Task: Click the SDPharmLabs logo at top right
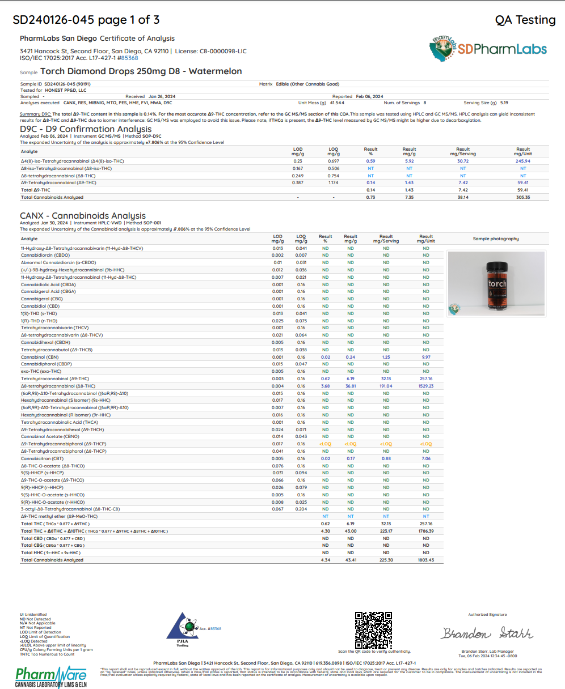[x=487, y=49]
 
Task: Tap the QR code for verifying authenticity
[x=374, y=630]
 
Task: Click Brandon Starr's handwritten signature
[x=487, y=633]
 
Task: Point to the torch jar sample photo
[x=496, y=283]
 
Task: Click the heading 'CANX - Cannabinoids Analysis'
[x=83, y=216]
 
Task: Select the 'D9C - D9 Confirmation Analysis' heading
[x=86, y=129]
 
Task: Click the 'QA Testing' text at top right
[x=525, y=20]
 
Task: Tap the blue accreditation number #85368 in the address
[x=130, y=58]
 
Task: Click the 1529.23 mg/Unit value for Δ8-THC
[x=426, y=386]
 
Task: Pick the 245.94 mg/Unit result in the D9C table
[x=523, y=161]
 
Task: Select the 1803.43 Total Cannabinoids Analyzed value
[x=426, y=560]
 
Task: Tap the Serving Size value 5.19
[x=504, y=103]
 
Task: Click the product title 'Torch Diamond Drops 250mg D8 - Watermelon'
[x=141, y=71]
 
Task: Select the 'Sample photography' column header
[x=496, y=239]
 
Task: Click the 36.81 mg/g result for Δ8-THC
[x=351, y=386]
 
